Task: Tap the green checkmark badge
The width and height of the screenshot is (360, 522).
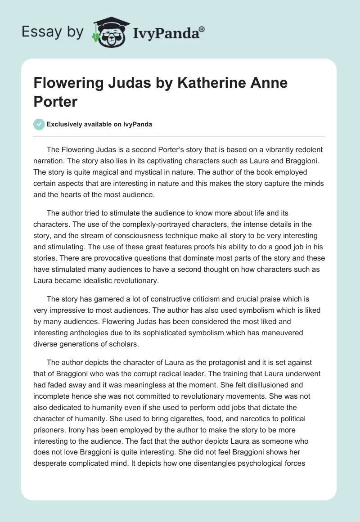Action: [39, 124]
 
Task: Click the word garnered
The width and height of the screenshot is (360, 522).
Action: [112, 298]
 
